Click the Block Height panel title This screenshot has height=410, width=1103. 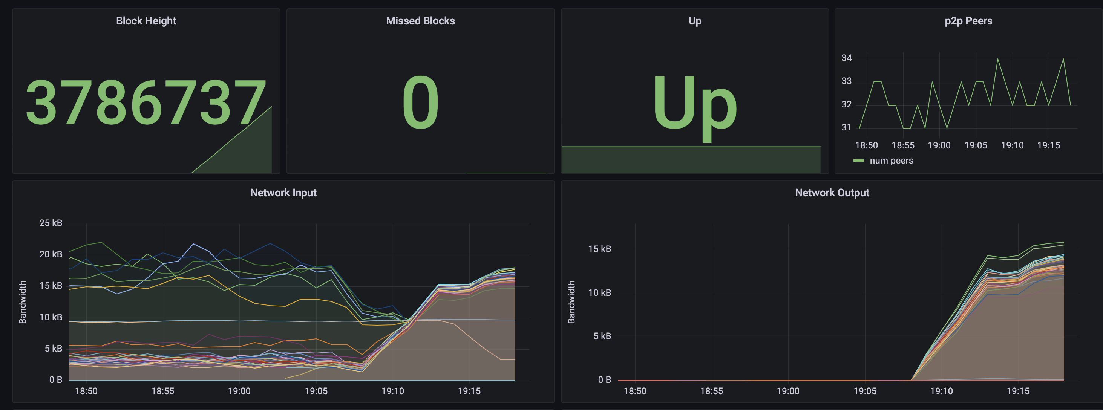pyautogui.click(x=146, y=21)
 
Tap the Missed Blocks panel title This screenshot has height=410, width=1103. pyautogui.click(x=420, y=21)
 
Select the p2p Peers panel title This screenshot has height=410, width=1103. pyautogui.click(x=968, y=21)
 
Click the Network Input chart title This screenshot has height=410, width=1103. pyautogui.click(x=283, y=193)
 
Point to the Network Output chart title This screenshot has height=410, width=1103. pyautogui.click(x=832, y=193)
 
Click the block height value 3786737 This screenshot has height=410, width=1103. pyautogui.click(x=146, y=103)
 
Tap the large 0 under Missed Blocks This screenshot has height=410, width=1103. pyautogui.click(x=420, y=103)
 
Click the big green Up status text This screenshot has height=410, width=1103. pyautogui.click(x=694, y=105)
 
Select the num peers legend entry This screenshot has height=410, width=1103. pyautogui.click(x=891, y=161)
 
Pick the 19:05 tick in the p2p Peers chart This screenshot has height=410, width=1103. pyautogui.click(x=976, y=145)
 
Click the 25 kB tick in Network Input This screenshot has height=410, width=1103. pyautogui.click(x=51, y=223)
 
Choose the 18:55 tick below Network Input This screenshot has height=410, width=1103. pyautogui.click(x=163, y=391)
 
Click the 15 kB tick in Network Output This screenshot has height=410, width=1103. pyautogui.click(x=599, y=249)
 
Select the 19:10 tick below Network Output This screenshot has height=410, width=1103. pyautogui.click(x=941, y=391)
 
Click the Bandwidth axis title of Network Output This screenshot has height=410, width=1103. pyautogui.click(x=571, y=302)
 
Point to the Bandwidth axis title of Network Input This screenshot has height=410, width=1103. pyautogui.click(x=23, y=302)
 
